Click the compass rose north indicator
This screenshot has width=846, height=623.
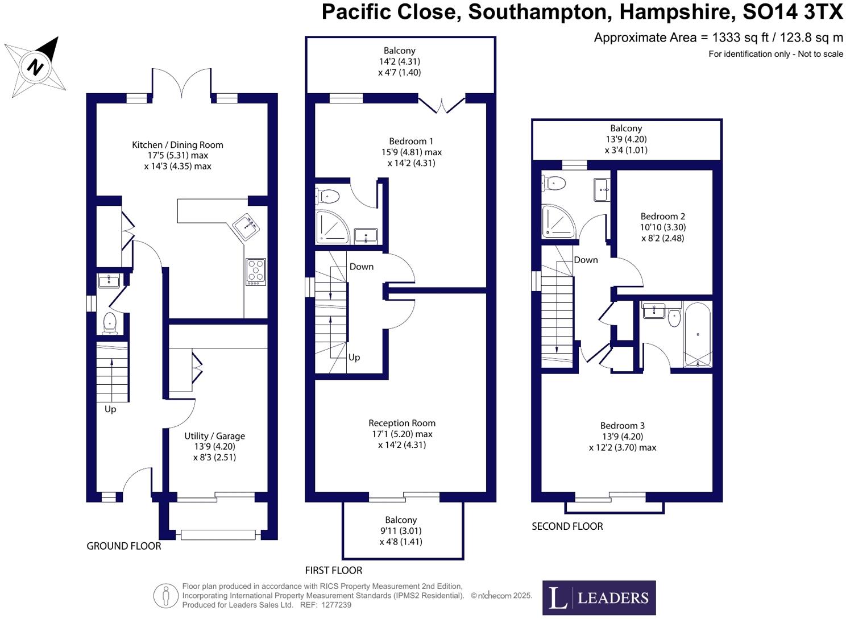(36, 67)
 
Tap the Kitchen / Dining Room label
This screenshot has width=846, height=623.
(177, 145)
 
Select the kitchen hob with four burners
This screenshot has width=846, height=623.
(255, 272)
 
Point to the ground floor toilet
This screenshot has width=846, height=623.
(110, 323)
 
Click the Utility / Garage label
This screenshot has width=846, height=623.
(214, 436)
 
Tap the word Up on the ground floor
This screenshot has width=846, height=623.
(110, 409)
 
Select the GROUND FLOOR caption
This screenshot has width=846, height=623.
(124, 546)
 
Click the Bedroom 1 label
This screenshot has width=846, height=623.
(411, 142)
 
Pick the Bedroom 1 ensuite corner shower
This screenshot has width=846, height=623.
(331, 226)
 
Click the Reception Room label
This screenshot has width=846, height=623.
(402, 423)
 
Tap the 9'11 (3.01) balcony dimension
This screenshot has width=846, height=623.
(401, 531)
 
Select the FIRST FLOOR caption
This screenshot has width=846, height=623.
(333, 571)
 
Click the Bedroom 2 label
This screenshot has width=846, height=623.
(662, 217)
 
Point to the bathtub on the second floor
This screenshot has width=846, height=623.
(697, 335)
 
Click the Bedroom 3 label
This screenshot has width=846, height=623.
(623, 426)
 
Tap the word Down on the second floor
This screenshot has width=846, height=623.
(586, 260)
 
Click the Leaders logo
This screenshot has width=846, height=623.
(599, 598)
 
